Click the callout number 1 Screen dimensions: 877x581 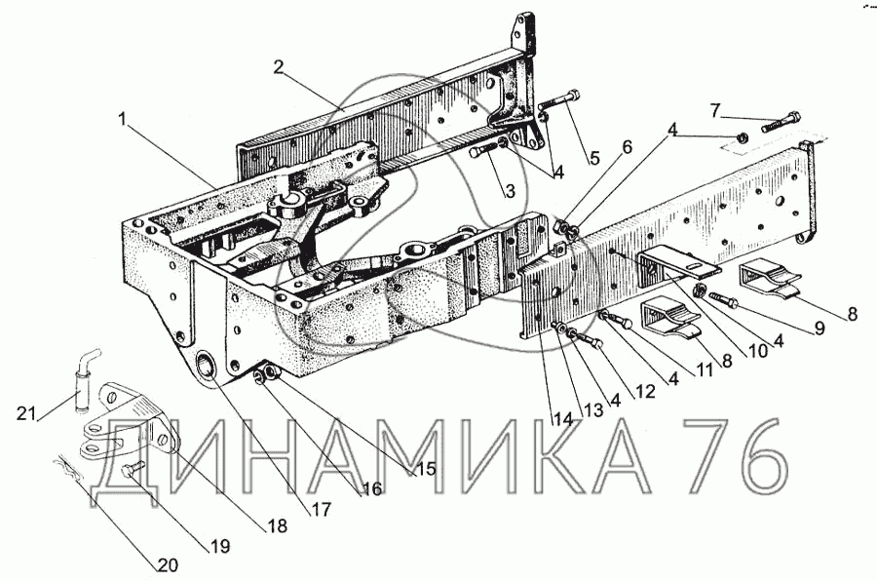(x=123, y=120)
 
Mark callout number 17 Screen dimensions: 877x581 (x=322, y=508)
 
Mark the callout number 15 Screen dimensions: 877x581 (x=424, y=468)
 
